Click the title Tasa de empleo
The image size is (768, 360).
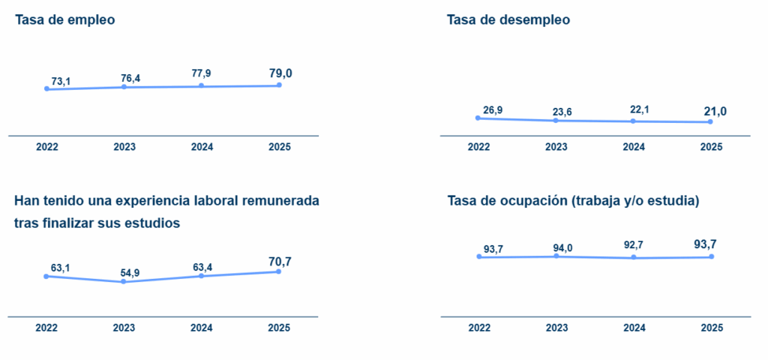(x=64, y=20)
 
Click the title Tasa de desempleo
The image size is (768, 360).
(x=508, y=20)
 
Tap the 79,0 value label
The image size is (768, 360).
(x=280, y=73)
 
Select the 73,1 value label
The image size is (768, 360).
(x=61, y=80)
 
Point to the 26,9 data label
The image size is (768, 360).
(x=493, y=110)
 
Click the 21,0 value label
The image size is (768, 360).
(x=714, y=111)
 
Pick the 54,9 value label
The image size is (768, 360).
(x=130, y=272)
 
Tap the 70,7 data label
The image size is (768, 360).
(x=280, y=261)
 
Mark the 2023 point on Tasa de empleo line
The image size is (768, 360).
(x=124, y=87)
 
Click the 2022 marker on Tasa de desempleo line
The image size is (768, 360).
(x=478, y=118)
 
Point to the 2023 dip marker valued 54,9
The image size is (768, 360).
(x=124, y=281)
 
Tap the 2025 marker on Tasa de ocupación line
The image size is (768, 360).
(x=711, y=256)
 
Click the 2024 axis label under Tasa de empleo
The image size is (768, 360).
(x=202, y=147)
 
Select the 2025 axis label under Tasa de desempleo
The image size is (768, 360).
(x=711, y=147)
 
